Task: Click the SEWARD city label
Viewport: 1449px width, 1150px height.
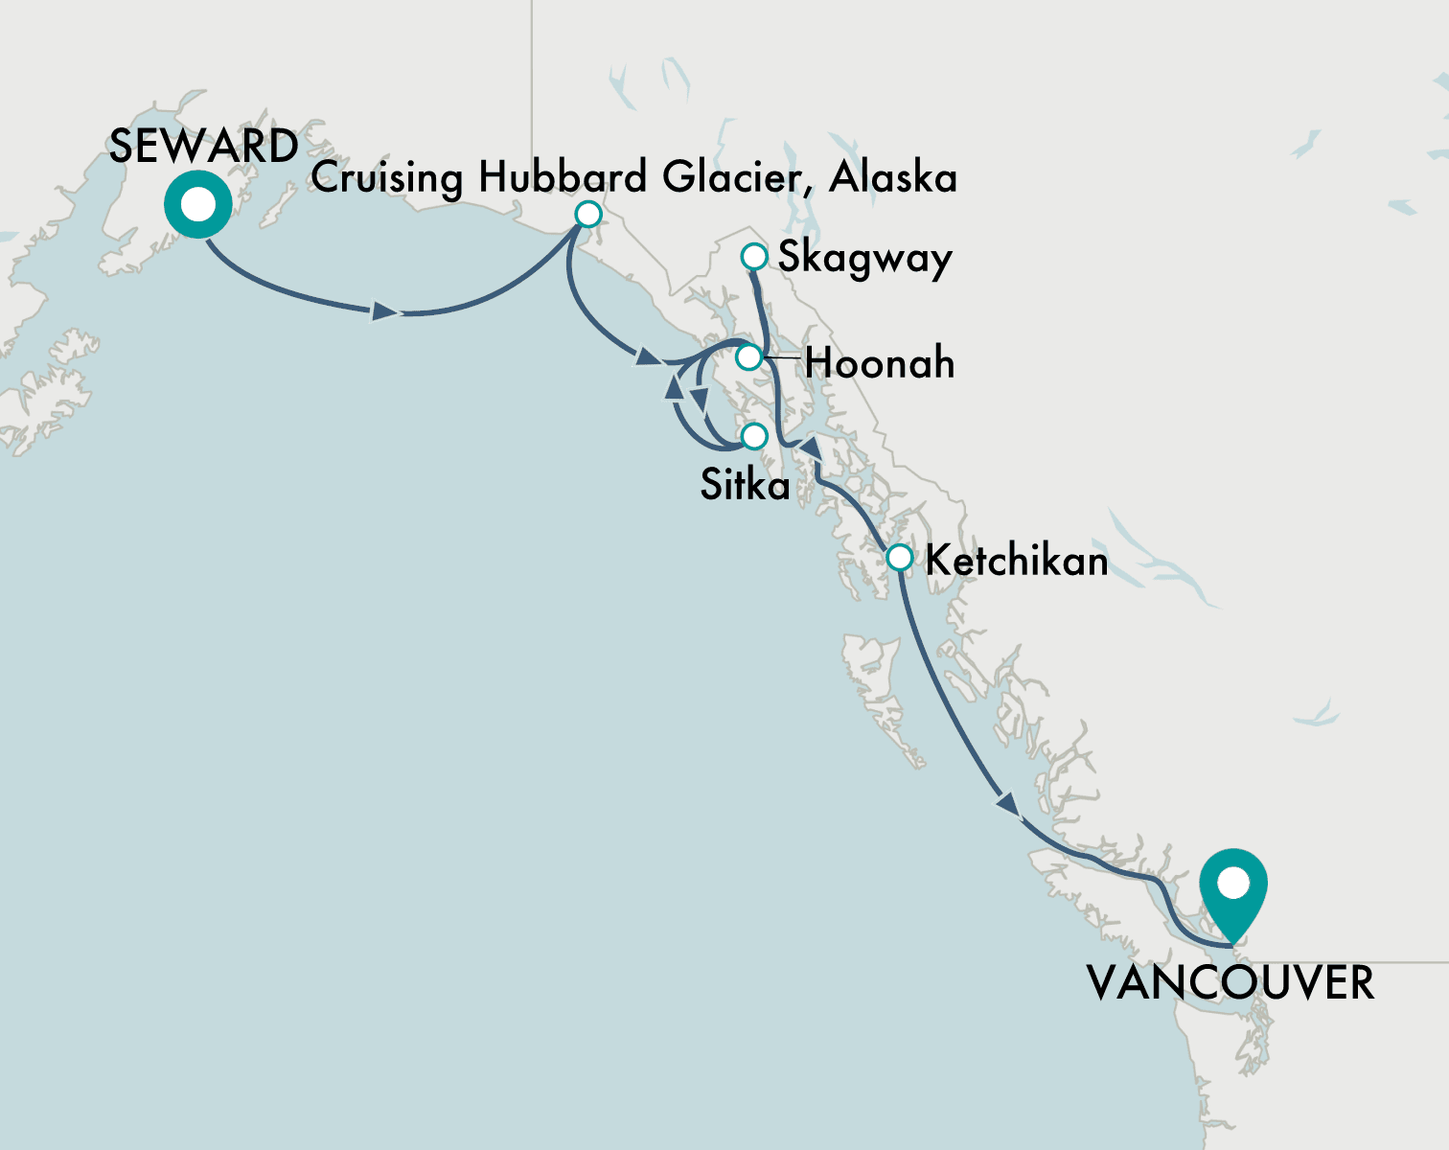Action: pos(203,147)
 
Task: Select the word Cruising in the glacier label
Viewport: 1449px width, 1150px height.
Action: pos(387,178)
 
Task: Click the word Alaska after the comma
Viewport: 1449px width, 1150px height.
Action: pos(893,177)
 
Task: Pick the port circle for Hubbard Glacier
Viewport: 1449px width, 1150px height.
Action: pos(587,213)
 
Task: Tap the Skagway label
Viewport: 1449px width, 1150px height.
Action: pos(864,258)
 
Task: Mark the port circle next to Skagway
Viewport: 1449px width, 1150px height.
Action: pos(754,257)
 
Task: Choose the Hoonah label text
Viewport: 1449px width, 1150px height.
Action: pos(879,364)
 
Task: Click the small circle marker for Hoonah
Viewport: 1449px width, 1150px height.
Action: pos(748,357)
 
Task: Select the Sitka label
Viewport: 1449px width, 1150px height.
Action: pos(745,485)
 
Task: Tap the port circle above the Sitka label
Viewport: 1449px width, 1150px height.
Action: pos(754,436)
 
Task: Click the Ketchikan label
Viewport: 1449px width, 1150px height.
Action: pos(1016,561)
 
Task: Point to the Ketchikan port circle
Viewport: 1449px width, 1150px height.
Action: pos(899,557)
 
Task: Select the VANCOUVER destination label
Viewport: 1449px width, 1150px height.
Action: pos(1230,984)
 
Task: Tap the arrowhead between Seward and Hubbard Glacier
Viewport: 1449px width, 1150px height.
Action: pos(385,311)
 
